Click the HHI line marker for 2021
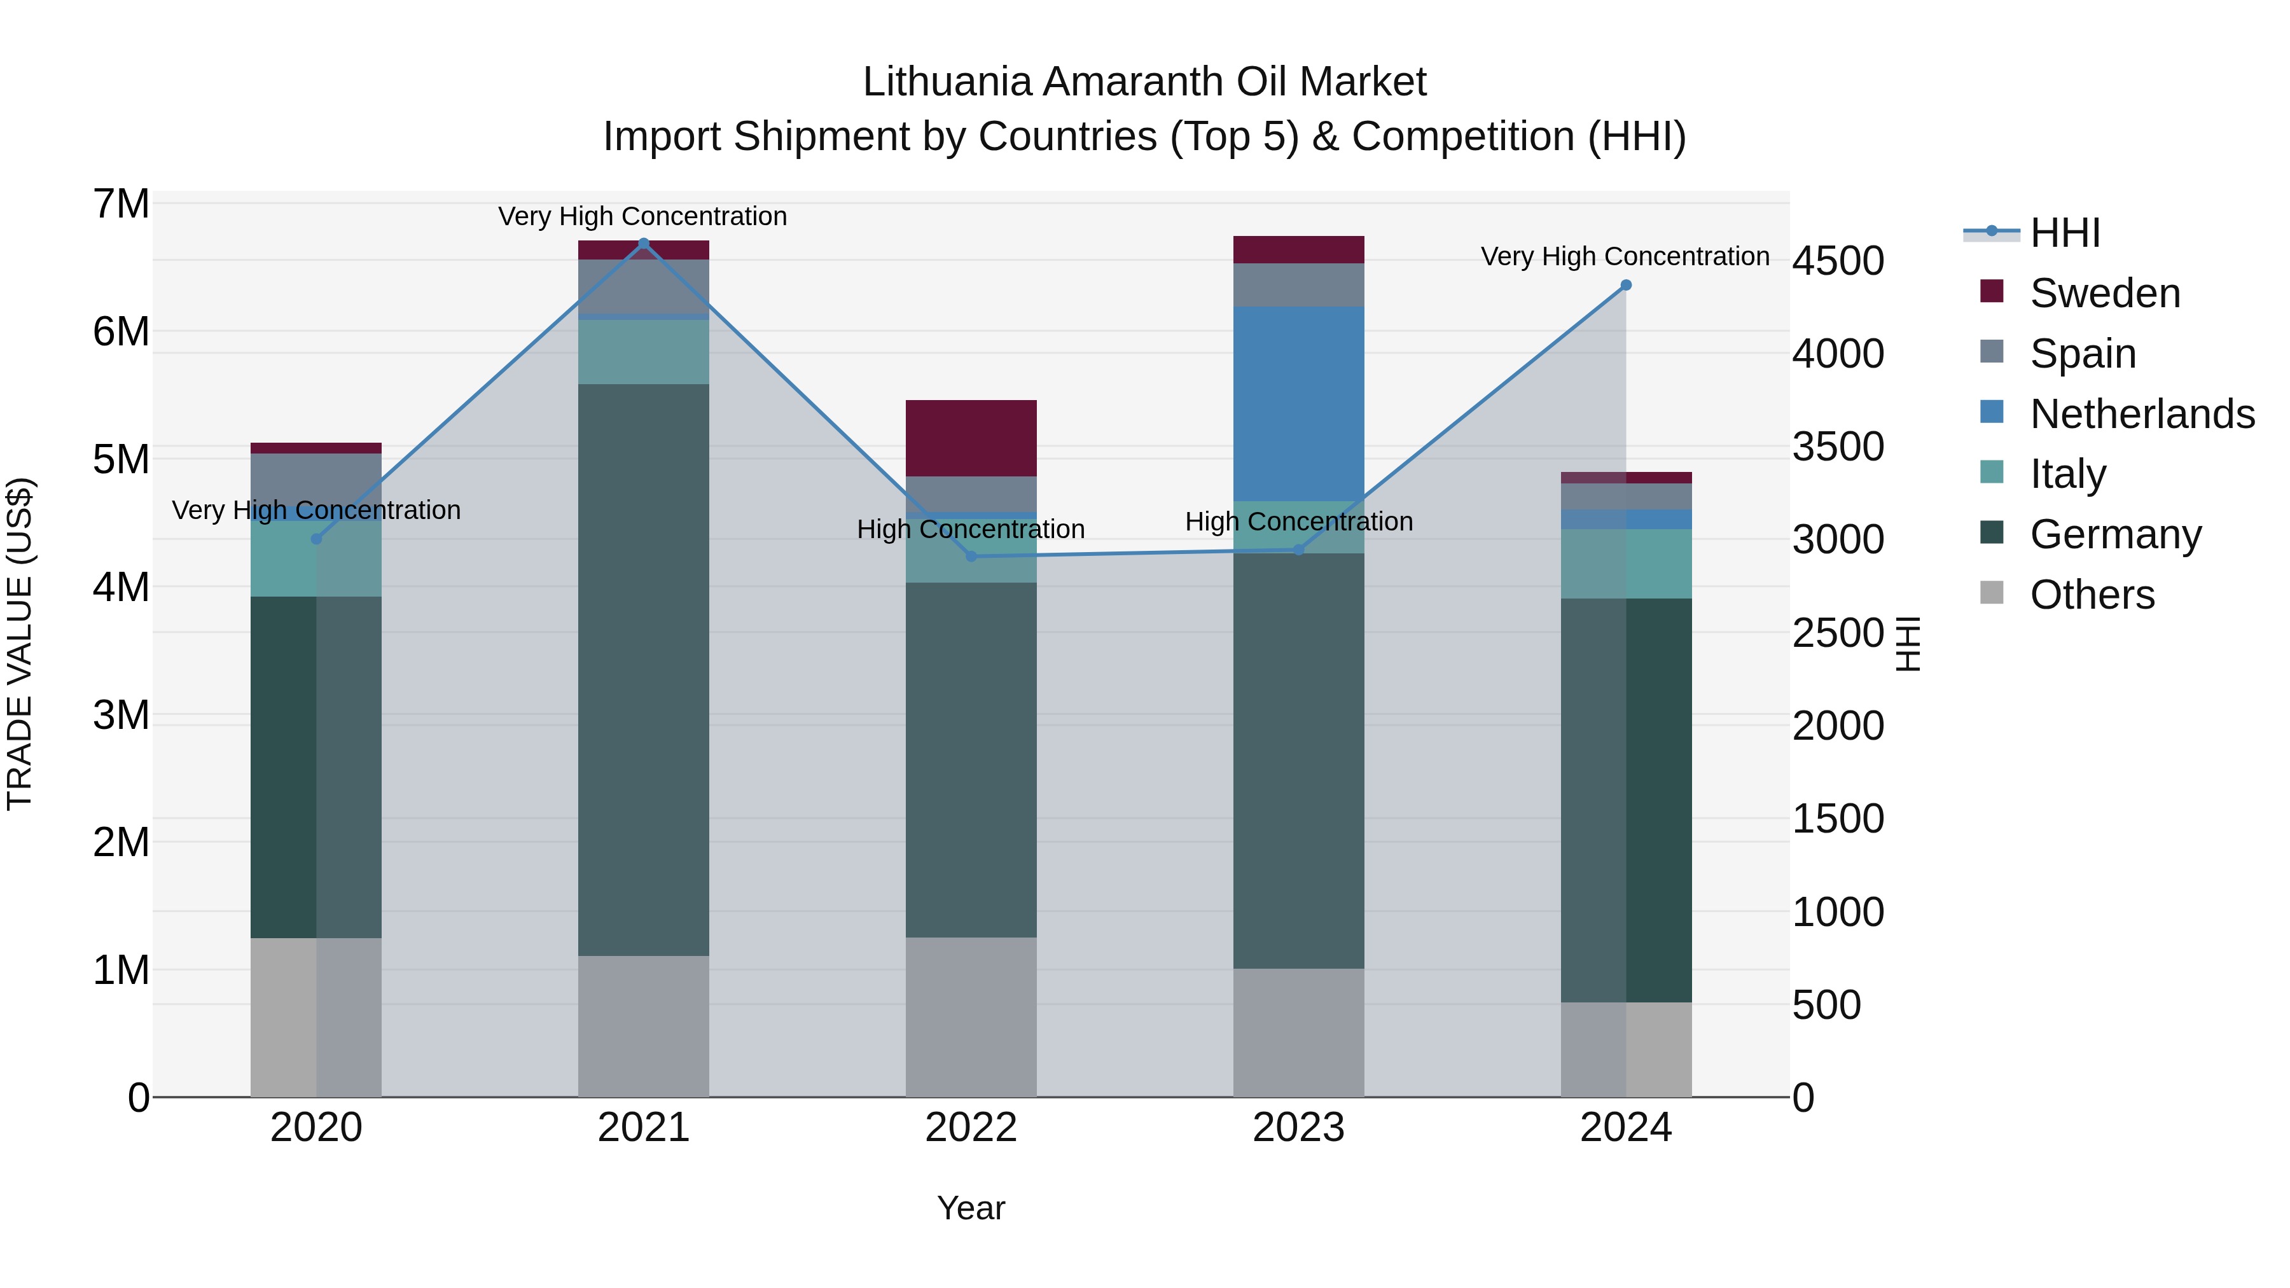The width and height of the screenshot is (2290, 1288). pyautogui.click(x=644, y=243)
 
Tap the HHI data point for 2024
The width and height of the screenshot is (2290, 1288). pyautogui.click(x=1626, y=286)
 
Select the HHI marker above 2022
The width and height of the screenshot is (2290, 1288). pyautogui.click(x=971, y=557)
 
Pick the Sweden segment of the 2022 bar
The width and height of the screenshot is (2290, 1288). pyautogui.click(x=971, y=438)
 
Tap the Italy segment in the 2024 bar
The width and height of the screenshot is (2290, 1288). pyautogui.click(x=1626, y=564)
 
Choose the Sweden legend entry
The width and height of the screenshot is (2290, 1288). pyautogui.click(x=2104, y=293)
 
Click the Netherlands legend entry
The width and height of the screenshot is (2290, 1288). pyautogui.click(x=2142, y=414)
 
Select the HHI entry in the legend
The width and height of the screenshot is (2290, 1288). pyautogui.click(x=2064, y=233)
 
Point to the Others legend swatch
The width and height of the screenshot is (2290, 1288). pyautogui.click(x=1992, y=593)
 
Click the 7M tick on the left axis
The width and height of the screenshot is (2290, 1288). pyautogui.click(x=121, y=204)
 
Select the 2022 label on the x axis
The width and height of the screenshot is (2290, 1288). pyautogui.click(x=971, y=1128)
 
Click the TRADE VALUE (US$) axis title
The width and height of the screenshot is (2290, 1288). pyautogui.click(x=20, y=644)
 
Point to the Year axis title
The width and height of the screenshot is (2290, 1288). pyautogui.click(x=971, y=1208)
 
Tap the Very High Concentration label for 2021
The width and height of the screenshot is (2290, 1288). pyautogui.click(x=642, y=217)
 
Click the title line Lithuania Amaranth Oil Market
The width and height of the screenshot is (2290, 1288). pyautogui.click(x=1144, y=82)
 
